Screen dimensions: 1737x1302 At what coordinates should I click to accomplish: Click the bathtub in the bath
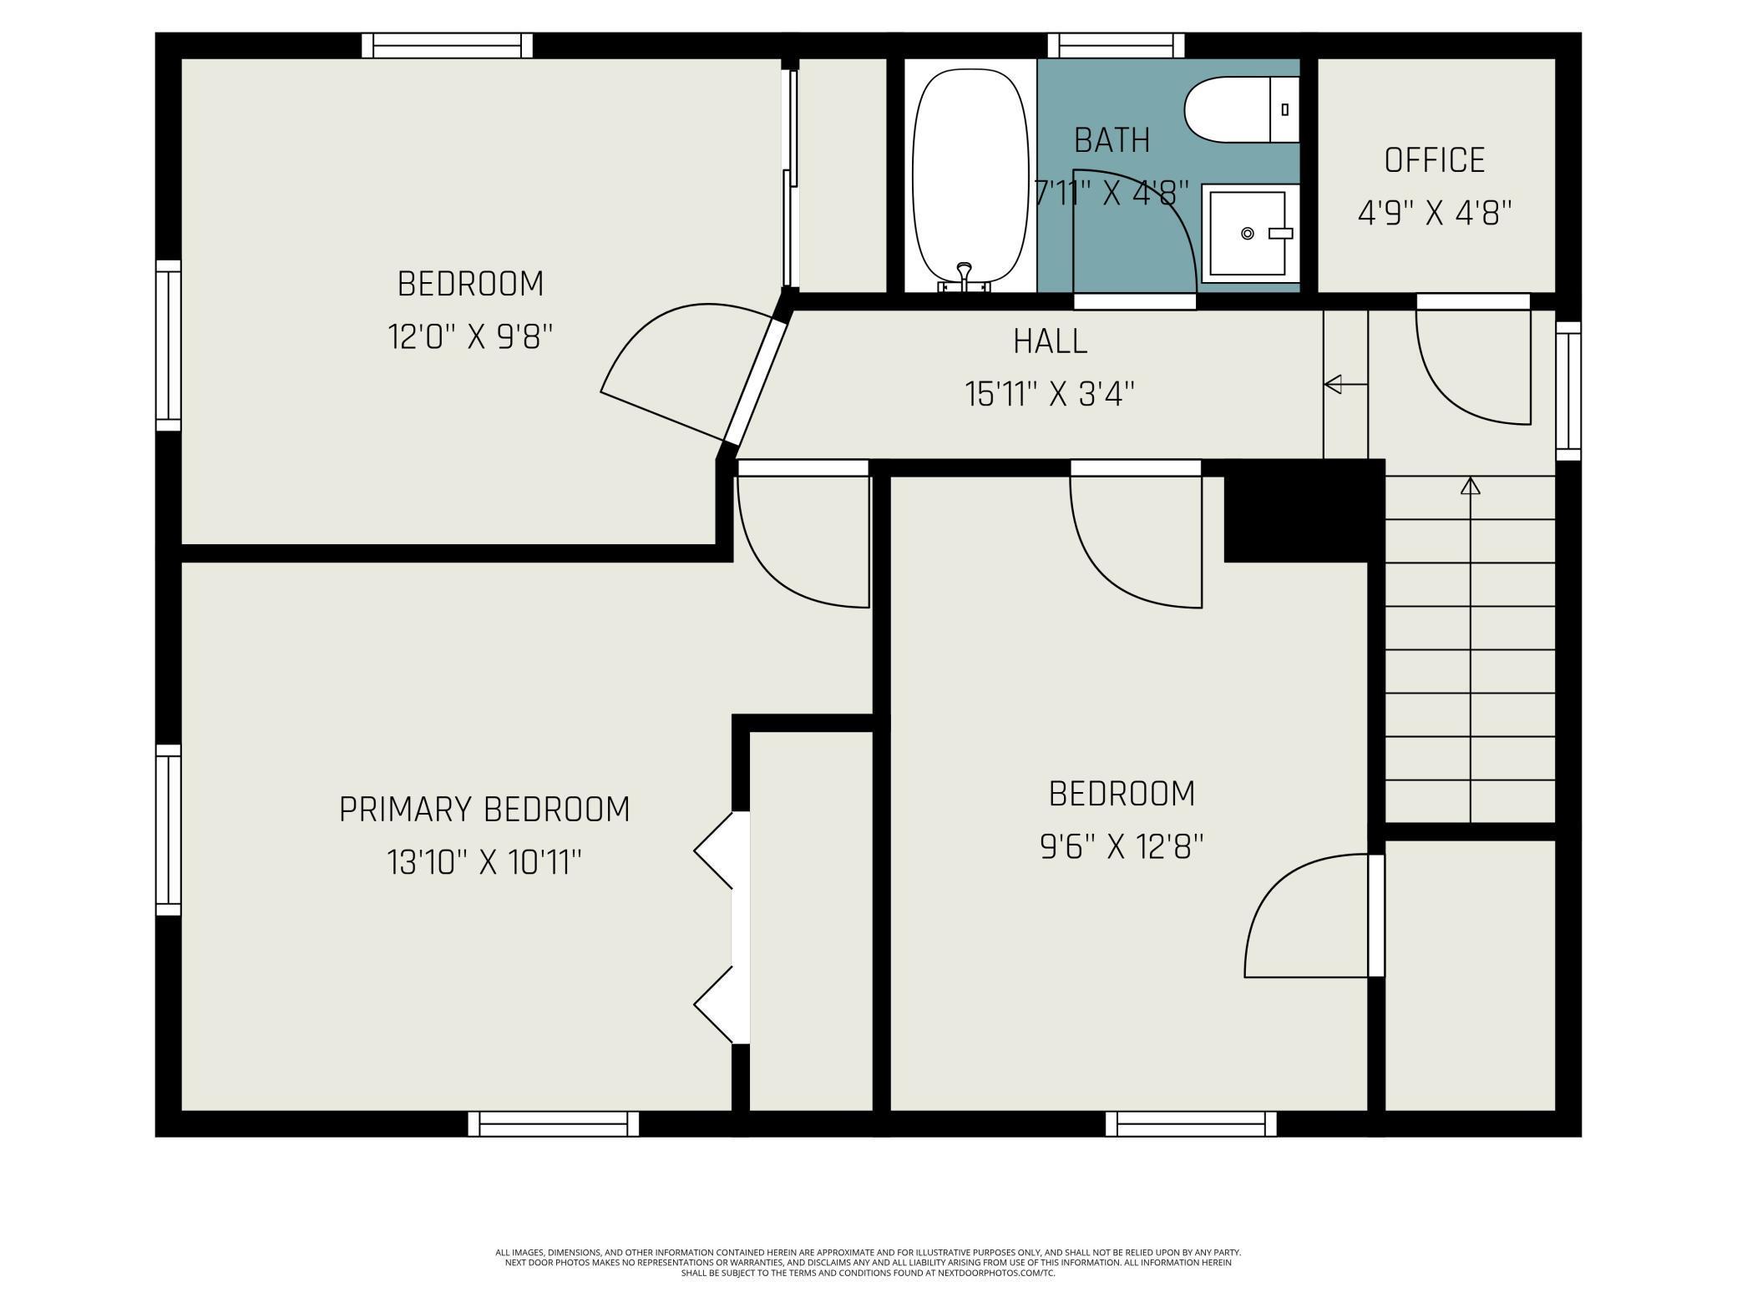(970, 179)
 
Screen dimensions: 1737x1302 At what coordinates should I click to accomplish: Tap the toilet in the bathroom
(1242, 109)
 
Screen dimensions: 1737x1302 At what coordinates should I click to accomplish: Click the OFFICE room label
(1435, 160)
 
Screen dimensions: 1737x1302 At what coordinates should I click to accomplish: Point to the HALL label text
(1050, 341)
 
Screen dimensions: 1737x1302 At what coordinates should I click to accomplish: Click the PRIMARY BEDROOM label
(484, 810)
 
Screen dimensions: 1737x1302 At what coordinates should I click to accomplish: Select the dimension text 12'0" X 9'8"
(470, 337)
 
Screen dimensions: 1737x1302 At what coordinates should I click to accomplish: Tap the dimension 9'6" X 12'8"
(1122, 847)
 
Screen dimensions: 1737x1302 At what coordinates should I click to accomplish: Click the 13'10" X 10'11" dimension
(484, 862)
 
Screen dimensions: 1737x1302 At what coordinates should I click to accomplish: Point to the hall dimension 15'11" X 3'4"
(1050, 394)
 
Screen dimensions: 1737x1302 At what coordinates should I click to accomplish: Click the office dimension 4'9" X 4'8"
(1435, 213)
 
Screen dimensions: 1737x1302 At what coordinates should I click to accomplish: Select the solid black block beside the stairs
(1304, 510)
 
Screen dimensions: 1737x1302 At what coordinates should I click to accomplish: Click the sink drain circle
(1248, 234)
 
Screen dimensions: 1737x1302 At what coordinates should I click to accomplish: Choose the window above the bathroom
(1116, 46)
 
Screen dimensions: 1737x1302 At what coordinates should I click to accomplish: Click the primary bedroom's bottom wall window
(554, 1123)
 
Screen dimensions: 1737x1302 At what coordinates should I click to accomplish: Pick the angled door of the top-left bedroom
(756, 383)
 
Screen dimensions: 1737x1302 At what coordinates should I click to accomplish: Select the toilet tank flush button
(1284, 109)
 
